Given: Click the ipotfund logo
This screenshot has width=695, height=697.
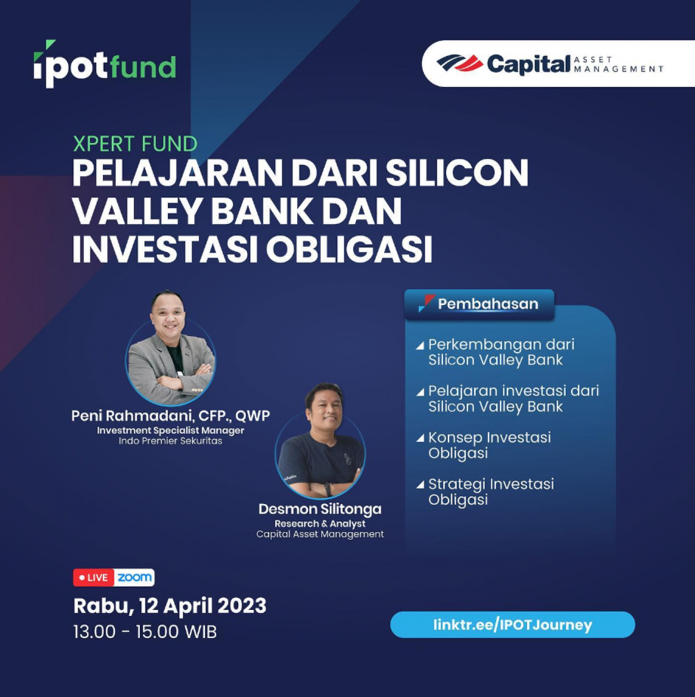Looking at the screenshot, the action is (x=105, y=64).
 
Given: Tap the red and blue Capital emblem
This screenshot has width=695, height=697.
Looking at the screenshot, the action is (x=459, y=63).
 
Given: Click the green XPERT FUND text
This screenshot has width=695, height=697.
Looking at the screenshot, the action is (x=135, y=144).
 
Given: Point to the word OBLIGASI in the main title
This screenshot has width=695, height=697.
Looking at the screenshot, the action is (x=350, y=249).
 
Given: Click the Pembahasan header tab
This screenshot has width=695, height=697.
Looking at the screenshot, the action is (x=479, y=304).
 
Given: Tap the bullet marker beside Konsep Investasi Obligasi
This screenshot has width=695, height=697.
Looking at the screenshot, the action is (x=420, y=438).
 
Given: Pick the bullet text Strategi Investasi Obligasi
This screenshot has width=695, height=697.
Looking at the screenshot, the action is (x=491, y=491).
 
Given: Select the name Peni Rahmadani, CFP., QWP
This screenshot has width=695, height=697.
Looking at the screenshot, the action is (x=170, y=416).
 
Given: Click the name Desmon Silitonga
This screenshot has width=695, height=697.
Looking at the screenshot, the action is (x=320, y=509).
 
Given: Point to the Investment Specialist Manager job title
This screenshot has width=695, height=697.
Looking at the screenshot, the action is (x=170, y=430).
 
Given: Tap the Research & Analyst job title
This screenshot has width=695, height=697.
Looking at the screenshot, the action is (x=320, y=523).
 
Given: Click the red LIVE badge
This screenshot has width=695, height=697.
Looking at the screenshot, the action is (x=94, y=578).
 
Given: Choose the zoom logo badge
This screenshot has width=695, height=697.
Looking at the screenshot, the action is (x=134, y=578).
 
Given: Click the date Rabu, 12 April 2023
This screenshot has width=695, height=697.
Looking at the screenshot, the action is (x=170, y=606).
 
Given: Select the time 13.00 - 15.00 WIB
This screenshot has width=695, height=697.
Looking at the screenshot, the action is (x=145, y=632).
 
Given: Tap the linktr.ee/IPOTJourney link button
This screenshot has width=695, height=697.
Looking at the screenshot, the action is (x=512, y=625).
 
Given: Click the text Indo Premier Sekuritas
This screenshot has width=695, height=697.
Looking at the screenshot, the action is (x=170, y=441).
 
